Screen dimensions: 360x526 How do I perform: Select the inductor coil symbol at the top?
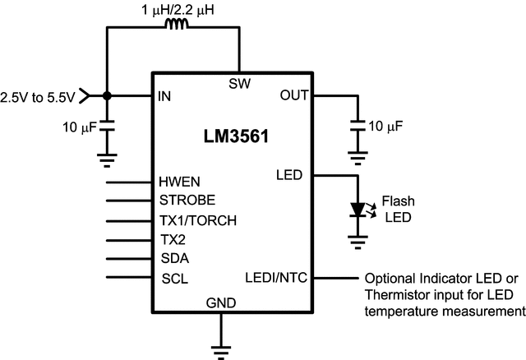click(x=177, y=25)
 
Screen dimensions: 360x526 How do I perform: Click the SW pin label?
click(x=239, y=82)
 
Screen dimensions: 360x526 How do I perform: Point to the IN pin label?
click(x=164, y=96)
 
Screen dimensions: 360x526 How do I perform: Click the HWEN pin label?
click(x=178, y=182)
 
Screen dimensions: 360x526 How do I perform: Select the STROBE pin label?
click(x=187, y=200)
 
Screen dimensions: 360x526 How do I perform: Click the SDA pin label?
click(x=173, y=258)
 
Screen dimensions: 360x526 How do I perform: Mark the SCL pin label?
click(x=173, y=278)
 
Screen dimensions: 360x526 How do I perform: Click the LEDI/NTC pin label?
click(x=276, y=278)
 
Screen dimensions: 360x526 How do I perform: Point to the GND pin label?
click(x=220, y=303)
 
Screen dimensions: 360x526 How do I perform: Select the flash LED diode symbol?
click(x=358, y=210)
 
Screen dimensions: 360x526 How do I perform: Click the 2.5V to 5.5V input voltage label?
click(x=38, y=96)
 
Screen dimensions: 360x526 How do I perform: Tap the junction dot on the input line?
click(x=107, y=96)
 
